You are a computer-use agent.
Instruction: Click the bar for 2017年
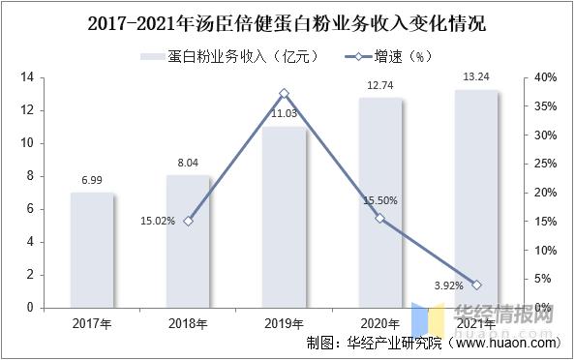tap(92, 250)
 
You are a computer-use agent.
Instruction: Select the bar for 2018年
tap(188, 241)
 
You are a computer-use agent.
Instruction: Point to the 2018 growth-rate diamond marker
tap(188, 221)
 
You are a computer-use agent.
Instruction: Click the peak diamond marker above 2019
tap(285, 94)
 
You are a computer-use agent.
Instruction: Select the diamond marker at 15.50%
tap(379, 218)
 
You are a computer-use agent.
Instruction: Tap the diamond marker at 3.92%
tap(476, 285)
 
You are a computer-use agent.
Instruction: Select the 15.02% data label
tap(157, 221)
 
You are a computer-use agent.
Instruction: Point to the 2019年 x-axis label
tap(285, 322)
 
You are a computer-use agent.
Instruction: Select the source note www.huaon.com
tap(503, 343)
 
